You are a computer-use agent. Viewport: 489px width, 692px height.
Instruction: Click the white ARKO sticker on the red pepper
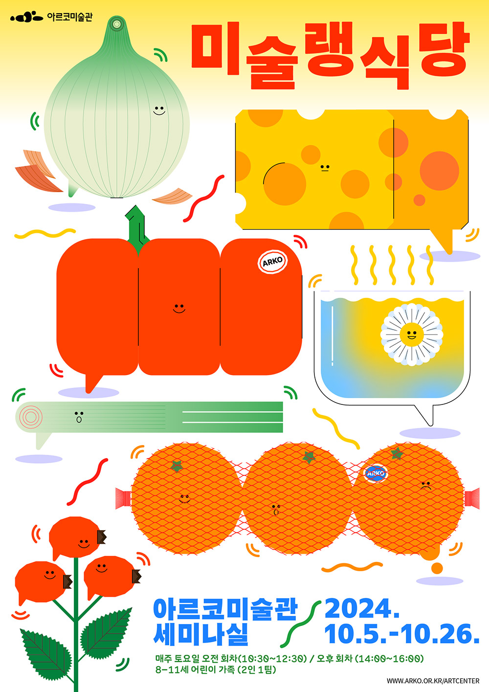click(x=272, y=262)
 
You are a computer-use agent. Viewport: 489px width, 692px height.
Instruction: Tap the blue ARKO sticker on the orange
click(x=376, y=473)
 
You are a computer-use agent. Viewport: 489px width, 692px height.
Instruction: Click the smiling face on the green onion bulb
click(x=159, y=111)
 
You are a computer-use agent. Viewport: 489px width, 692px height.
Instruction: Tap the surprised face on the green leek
click(x=79, y=417)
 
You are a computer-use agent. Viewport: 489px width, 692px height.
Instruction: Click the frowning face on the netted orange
click(x=426, y=485)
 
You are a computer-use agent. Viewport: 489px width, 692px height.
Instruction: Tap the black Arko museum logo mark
click(x=26, y=17)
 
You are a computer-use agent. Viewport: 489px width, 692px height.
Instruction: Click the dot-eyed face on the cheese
click(x=325, y=168)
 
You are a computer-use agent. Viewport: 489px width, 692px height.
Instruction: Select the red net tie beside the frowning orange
click(x=472, y=498)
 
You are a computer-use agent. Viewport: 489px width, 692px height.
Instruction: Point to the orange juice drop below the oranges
click(x=437, y=568)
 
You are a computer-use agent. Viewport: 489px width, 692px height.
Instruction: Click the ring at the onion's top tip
click(x=116, y=24)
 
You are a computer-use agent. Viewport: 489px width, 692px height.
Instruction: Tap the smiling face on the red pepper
click(x=179, y=308)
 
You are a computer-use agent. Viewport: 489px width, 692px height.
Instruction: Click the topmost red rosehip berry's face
click(x=84, y=543)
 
